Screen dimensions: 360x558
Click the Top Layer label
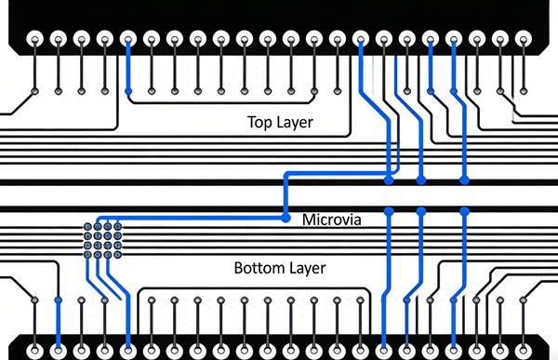point(280,122)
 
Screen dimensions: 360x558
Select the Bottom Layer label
point(279,269)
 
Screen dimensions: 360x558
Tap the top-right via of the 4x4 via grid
point(118,226)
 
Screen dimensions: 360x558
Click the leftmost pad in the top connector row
point(34,40)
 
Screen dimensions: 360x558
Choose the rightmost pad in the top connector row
point(523,40)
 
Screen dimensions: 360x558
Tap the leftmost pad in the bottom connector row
point(34,351)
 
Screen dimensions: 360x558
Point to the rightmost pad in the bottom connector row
point(523,351)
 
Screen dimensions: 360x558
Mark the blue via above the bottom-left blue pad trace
point(58,300)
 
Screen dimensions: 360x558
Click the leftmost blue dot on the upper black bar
point(389,177)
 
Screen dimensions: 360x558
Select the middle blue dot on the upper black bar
point(421,177)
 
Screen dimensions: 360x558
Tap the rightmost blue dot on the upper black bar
point(462,177)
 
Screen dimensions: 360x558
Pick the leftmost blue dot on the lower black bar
point(389,212)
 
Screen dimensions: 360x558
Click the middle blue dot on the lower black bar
point(421,212)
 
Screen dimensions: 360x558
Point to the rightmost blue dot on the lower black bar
point(462,212)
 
